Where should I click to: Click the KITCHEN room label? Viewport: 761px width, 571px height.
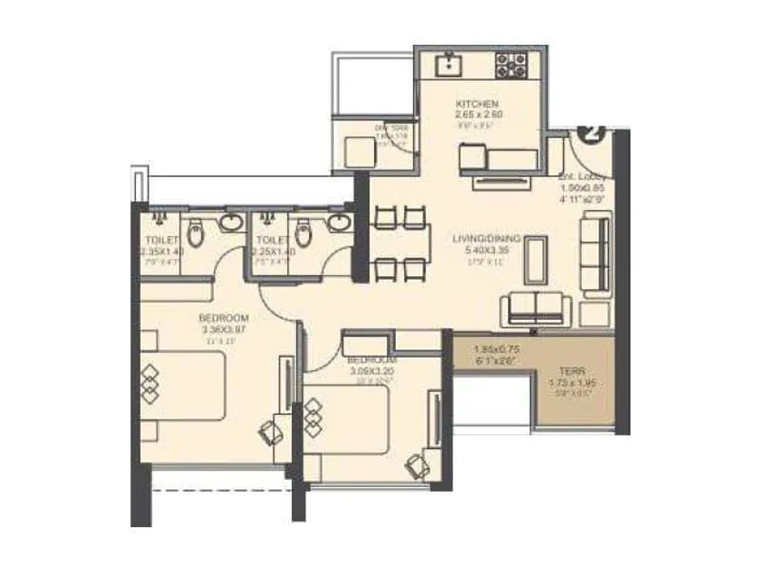[478, 104]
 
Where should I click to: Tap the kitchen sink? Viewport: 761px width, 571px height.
[446, 66]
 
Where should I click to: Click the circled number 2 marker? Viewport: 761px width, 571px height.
[591, 132]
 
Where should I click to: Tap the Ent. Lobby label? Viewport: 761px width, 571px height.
[582, 177]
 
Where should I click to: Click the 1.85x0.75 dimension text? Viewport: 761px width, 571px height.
[493, 349]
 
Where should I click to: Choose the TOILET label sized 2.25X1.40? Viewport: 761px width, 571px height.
[272, 241]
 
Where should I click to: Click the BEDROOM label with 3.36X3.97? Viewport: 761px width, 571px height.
[224, 318]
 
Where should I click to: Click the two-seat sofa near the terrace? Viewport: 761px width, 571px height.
[535, 308]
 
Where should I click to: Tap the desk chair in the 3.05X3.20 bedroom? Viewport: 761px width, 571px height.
[416, 465]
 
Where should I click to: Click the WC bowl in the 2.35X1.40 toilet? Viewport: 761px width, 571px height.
[194, 233]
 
